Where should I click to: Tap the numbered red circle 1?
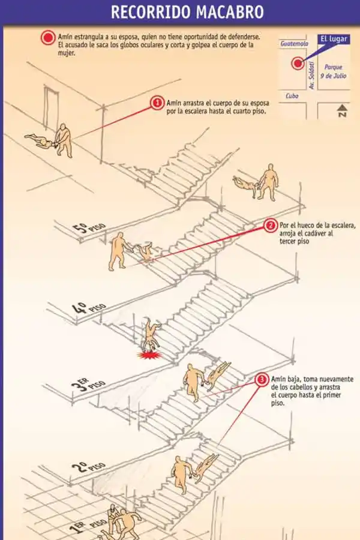(x=157, y=103)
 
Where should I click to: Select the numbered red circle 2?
(x=271, y=226)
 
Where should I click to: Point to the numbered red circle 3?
(x=262, y=380)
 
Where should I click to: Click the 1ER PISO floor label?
(x=83, y=527)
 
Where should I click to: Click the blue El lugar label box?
(x=333, y=40)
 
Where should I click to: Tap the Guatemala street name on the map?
(x=294, y=43)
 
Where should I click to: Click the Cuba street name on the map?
(x=292, y=95)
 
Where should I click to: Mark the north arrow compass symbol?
(x=341, y=110)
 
